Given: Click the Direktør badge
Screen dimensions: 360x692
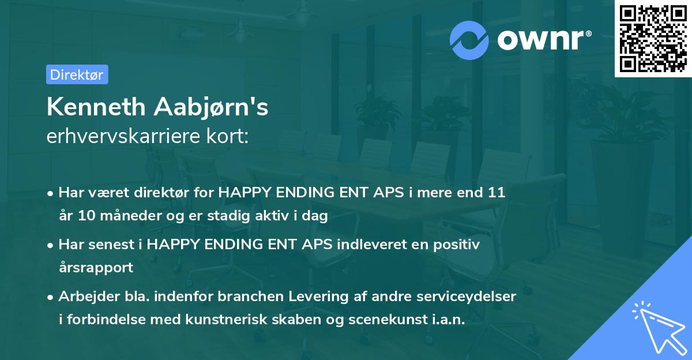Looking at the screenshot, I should (x=77, y=74).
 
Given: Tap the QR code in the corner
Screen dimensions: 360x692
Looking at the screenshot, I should (x=653, y=38).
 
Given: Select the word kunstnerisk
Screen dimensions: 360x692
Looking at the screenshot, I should (x=238, y=320).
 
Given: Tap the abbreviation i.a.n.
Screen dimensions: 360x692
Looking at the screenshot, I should (x=448, y=320).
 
